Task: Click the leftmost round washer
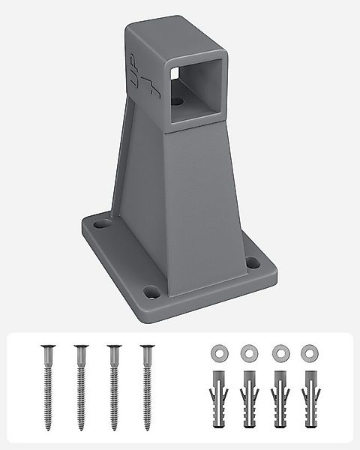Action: click(217, 351)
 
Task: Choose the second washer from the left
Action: click(247, 351)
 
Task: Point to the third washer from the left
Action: click(277, 351)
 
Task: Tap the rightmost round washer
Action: click(307, 351)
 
